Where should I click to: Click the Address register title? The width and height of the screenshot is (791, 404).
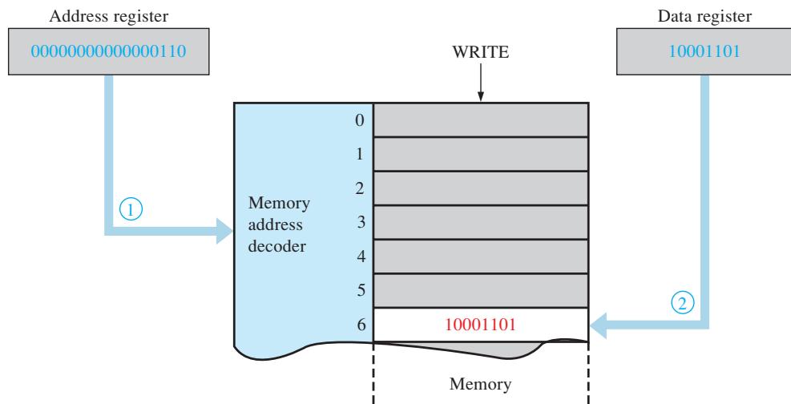108,16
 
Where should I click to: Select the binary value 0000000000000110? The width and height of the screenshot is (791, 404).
108,51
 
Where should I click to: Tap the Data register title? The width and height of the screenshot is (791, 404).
704,16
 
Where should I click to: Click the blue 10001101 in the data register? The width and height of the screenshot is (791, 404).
704,51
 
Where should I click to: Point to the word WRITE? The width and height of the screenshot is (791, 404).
480,52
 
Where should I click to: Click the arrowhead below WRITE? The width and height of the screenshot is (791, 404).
480,96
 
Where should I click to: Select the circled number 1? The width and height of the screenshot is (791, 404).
131,208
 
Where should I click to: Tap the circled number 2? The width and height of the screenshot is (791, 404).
682,304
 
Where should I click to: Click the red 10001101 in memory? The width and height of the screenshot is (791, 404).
480,325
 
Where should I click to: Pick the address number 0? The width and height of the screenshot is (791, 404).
360,120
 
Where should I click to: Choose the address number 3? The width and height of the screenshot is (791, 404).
361,222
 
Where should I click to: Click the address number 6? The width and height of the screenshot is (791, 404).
361,325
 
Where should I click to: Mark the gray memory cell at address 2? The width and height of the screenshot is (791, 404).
481,188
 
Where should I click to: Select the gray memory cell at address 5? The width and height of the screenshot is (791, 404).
481,290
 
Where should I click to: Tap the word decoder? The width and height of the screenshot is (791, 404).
277,246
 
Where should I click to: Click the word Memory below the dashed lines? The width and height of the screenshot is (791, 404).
480,384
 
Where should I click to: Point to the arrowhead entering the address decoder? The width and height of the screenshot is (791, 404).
224,231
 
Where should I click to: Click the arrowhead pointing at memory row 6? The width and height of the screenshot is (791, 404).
599,325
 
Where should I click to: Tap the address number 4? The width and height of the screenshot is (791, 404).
361,257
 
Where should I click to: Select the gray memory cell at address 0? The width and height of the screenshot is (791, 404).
481,120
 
